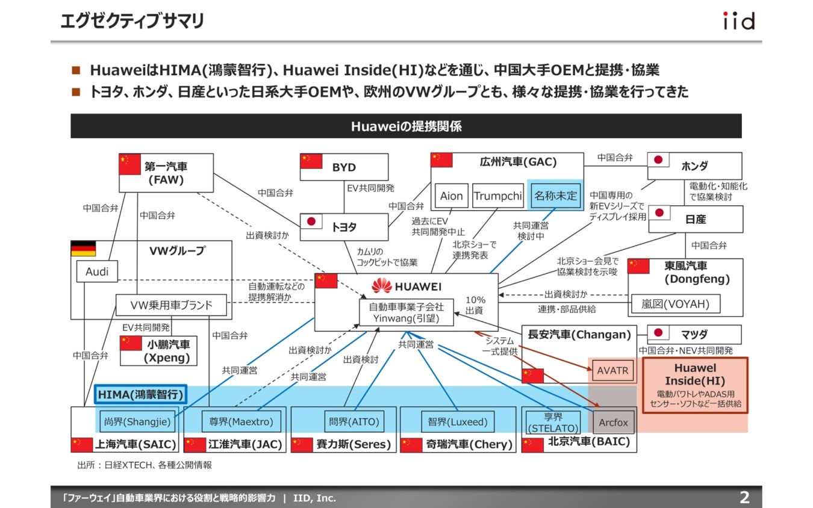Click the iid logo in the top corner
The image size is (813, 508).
click(x=738, y=22)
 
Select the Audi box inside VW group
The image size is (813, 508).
click(x=97, y=271)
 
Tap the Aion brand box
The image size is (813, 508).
click(x=451, y=196)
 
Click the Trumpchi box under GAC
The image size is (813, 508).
click(x=497, y=196)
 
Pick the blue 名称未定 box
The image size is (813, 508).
click(x=555, y=196)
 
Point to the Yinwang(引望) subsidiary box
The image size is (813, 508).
click(x=406, y=313)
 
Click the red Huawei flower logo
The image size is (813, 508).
click(x=382, y=286)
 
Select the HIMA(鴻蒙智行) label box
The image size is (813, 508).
click(x=140, y=395)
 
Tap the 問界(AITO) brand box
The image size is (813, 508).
click(x=354, y=422)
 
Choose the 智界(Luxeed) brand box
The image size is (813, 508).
click(x=458, y=422)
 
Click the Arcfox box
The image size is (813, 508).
click(x=613, y=423)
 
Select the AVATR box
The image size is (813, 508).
click(x=612, y=371)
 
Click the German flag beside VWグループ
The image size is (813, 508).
click(x=83, y=249)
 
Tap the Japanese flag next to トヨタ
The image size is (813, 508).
click(x=311, y=222)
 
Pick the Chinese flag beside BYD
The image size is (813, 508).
click(x=311, y=161)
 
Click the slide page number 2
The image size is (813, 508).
click(x=744, y=497)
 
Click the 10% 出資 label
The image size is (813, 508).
click(x=475, y=305)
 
